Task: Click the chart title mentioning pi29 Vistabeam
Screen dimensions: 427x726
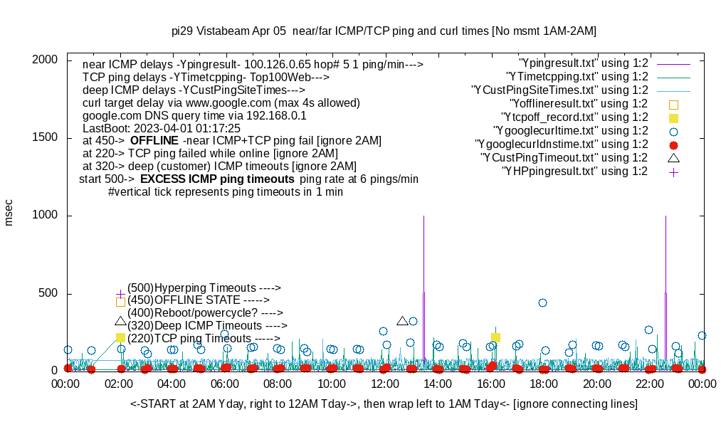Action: click(384, 31)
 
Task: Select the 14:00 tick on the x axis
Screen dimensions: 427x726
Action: click(436, 384)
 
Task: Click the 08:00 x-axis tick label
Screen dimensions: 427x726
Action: click(278, 384)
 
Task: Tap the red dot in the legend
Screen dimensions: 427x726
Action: click(673, 144)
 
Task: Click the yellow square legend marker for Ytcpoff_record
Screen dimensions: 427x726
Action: click(673, 117)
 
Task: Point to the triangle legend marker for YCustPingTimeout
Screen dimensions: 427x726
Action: click(673, 157)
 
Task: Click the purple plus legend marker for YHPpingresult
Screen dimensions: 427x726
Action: click(673, 172)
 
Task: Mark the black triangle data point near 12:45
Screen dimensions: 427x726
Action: click(402, 321)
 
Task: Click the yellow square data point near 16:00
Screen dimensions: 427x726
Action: click(495, 337)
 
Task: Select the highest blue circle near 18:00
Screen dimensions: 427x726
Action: click(542, 302)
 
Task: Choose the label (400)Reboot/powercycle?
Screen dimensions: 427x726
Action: click(205, 312)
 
